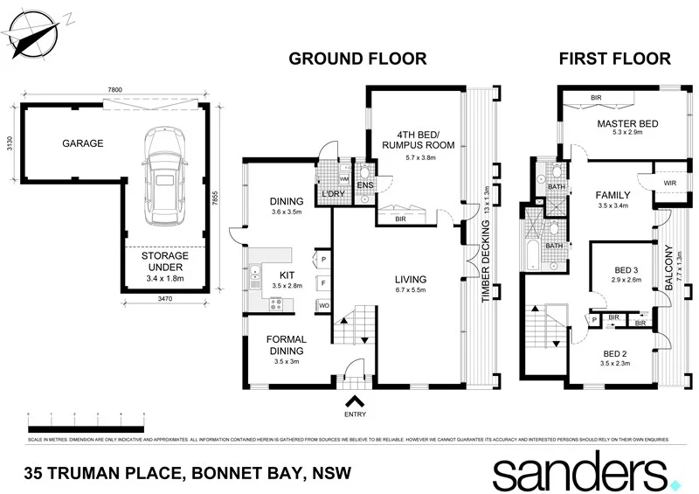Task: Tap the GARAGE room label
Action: [82, 143]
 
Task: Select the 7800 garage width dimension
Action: [109, 90]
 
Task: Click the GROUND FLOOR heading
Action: [357, 59]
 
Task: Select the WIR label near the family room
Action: [670, 183]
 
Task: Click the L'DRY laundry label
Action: [329, 192]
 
